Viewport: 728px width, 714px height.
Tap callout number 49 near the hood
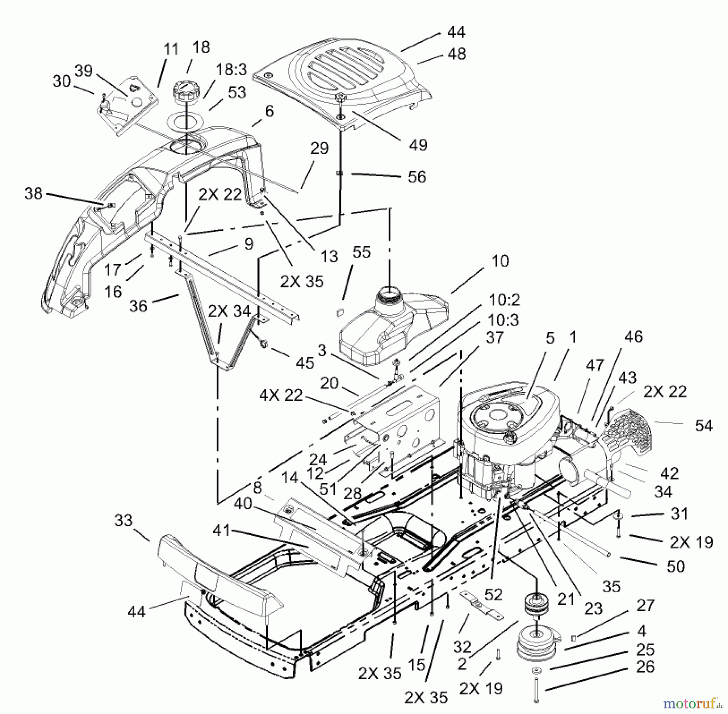click(418, 144)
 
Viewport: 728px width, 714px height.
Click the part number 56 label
click(417, 177)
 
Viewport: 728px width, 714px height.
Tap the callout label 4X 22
click(281, 395)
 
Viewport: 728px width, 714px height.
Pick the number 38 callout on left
click(33, 193)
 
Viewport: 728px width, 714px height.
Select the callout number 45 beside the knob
click(305, 363)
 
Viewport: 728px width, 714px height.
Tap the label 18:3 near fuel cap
click(231, 70)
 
